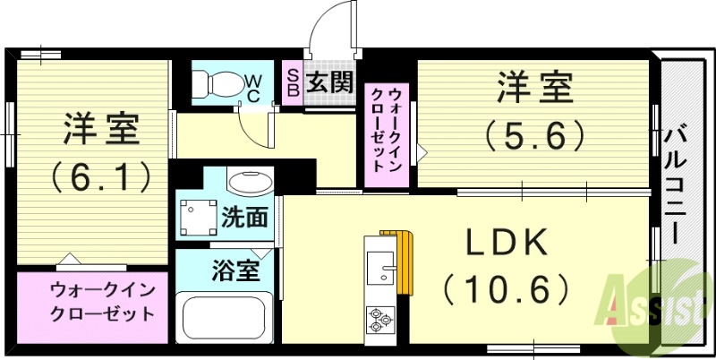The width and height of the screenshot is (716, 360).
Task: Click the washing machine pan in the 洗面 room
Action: click(x=198, y=216)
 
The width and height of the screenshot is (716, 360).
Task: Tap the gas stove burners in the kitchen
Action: click(x=379, y=318)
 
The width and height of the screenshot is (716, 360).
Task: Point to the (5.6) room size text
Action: click(x=535, y=136)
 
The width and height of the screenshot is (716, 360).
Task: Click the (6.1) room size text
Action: click(x=100, y=177)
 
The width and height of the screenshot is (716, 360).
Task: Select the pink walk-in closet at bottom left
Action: click(x=95, y=304)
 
